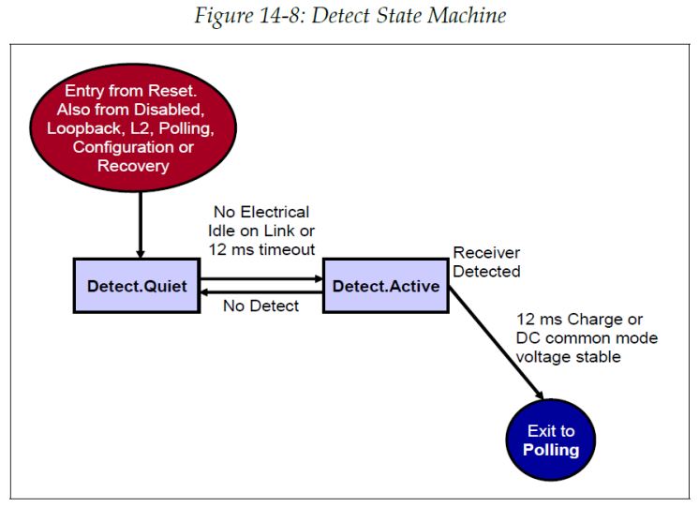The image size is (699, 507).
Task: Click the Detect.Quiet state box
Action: (137, 286)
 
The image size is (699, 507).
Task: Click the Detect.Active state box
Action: (385, 286)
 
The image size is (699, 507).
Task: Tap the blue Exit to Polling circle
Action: (550, 440)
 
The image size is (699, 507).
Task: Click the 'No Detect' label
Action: (260, 306)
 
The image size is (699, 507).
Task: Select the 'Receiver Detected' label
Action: (486, 262)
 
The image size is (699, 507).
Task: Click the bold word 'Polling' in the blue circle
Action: (550, 450)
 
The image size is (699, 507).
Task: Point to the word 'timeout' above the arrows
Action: (284, 247)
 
